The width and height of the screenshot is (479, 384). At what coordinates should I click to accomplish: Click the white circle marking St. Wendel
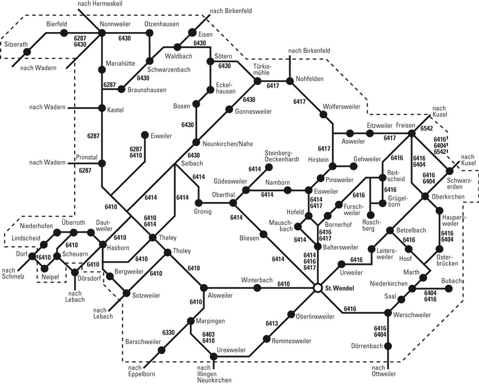(318, 288)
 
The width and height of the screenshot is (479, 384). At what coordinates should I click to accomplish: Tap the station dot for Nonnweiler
(102, 33)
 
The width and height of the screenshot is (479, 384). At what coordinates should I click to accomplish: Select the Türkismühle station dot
(257, 81)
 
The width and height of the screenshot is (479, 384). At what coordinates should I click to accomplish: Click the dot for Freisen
(412, 133)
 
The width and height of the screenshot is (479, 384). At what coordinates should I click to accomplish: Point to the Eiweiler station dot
(145, 135)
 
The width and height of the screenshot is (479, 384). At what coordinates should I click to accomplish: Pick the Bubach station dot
(448, 288)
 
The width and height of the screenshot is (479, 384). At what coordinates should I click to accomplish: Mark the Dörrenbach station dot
(388, 346)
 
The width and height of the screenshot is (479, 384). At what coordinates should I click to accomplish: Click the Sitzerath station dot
(27, 52)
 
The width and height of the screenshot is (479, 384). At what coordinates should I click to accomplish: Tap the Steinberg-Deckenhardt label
(282, 156)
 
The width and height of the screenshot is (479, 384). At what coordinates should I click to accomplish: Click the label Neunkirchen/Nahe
(227, 144)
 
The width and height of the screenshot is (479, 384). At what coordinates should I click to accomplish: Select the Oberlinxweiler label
(315, 317)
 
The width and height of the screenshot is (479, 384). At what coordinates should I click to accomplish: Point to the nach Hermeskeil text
(100, 4)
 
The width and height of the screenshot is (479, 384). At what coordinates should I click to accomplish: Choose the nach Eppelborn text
(141, 371)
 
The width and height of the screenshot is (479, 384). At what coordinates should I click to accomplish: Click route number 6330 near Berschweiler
(168, 332)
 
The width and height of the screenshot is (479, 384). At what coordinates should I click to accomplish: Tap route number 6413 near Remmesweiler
(272, 324)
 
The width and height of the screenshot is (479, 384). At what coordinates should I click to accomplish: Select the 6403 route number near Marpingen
(208, 334)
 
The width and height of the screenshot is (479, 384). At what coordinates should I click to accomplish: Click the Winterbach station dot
(257, 288)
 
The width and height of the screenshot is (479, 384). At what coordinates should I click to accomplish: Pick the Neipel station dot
(45, 269)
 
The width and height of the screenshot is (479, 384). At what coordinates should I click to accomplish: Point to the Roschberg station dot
(371, 216)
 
